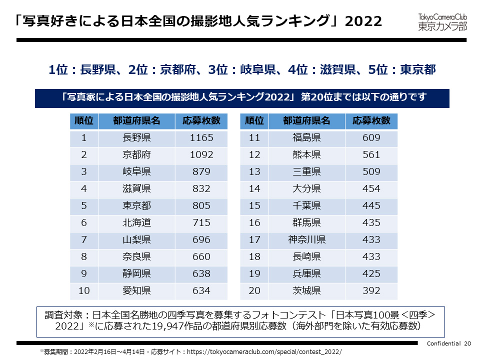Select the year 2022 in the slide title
click(363, 21)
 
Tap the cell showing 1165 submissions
click(201, 138)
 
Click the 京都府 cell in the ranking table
click(136, 155)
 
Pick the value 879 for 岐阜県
click(201, 172)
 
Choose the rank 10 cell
click(84, 290)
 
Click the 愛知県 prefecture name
click(136, 290)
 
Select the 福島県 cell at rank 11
click(306, 138)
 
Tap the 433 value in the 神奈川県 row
click(371, 239)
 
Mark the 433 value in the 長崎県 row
click(371, 256)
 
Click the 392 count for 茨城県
click(371, 290)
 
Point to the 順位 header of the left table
click(84, 121)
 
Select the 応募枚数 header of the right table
click(371, 121)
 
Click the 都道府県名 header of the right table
click(306, 121)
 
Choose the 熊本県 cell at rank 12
click(306, 155)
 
